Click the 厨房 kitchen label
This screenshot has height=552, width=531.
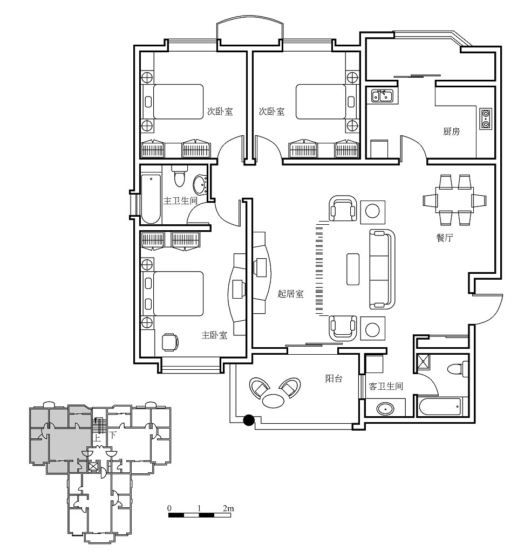[x=451, y=132]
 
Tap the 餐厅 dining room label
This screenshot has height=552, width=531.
[x=444, y=238]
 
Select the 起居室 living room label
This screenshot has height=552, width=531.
[x=290, y=294]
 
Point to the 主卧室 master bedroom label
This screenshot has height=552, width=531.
[x=214, y=335]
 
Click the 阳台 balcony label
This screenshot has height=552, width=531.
[x=333, y=379]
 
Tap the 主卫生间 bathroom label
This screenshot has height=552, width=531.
[x=180, y=201]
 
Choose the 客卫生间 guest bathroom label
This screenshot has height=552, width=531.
[x=385, y=386]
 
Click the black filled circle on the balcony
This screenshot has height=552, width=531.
[x=249, y=420]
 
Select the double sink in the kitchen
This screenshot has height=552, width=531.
[x=382, y=95]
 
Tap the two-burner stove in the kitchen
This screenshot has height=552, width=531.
[x=486, y=119]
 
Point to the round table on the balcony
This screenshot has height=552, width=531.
[x=273, y=400]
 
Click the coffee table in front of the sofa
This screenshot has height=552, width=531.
[x=353, y=270]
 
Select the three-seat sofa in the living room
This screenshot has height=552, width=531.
[x=382, y=269]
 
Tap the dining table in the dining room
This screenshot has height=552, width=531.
[x=454, y=200]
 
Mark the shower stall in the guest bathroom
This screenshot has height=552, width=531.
[x=423, y=362]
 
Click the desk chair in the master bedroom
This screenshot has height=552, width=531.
[x=170, y=342]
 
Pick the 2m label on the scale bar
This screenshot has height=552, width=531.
[x=228, y=508]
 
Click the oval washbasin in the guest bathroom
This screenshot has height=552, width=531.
[x=385, y=409]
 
